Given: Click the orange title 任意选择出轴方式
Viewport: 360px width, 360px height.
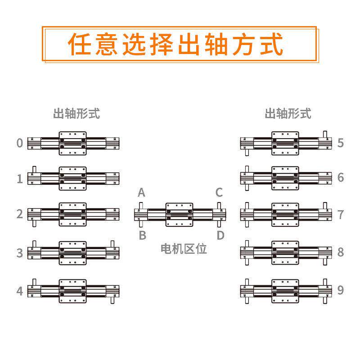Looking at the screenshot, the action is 175,44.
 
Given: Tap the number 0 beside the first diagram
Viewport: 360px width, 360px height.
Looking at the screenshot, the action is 20,143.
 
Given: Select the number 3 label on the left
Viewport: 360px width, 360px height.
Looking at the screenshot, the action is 20,253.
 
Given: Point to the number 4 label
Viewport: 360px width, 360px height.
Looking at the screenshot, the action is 20,291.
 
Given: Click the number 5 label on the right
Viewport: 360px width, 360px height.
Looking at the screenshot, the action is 341,143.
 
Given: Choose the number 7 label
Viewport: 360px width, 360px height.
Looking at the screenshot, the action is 341,215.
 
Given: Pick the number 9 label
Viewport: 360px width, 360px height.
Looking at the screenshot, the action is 341,290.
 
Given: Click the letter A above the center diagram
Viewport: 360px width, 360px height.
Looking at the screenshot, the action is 141,193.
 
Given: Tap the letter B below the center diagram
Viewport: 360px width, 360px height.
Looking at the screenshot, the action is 143,235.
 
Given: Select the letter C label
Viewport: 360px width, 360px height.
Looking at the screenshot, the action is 219,193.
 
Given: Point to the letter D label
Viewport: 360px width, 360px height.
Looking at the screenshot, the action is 220,235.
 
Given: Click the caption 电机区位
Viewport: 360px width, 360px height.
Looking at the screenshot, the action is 184,249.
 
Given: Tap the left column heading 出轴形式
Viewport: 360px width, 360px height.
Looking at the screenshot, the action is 76,113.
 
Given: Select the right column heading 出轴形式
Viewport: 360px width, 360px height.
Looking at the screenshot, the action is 288,113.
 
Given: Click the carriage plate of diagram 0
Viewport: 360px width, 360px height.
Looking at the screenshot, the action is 72,143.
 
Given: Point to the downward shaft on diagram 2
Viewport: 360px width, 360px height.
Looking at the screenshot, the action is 34,223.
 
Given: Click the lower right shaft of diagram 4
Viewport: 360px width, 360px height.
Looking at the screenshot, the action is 112,300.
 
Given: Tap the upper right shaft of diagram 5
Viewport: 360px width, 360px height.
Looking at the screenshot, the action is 325,134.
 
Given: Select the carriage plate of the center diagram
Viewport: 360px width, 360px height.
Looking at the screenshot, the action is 179,215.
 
